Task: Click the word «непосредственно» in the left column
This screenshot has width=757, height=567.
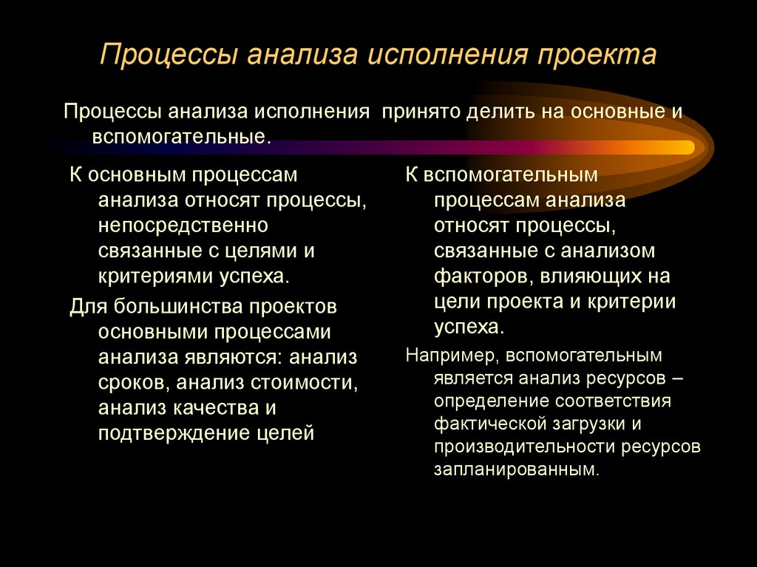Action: [x=183, y=225]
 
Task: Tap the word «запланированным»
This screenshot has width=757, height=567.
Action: [x=513, y=469]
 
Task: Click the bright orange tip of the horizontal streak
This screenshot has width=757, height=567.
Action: [x=684, y=147]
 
